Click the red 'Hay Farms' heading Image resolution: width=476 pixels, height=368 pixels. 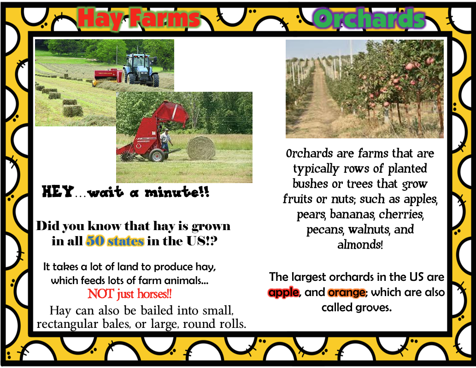pyautogui.click(x=139, y=18)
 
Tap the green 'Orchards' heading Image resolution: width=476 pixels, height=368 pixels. pyautogui.click(x=369, y=18)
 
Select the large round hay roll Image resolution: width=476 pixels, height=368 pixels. pyautogui.click(x=201, y=148)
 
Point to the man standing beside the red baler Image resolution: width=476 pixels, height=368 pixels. pyautogui.click(x=165, y=140)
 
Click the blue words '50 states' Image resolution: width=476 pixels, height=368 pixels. pyautogui.click(x=115, y=241)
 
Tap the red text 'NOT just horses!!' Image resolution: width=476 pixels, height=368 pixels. pyautogui.click(x=129, y=294)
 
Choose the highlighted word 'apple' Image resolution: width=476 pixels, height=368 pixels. pyautogui.click(x=284, y=292)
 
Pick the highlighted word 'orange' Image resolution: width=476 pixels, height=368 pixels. pyautogui.click(x=347, y=292)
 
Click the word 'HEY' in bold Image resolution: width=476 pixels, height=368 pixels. pyautogui.click(x=58, y=192)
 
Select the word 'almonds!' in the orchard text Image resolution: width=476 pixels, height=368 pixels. pyautogui.click(x=360, y=244)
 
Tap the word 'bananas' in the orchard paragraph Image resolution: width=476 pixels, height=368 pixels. pyautogui.click(x=353, y=214)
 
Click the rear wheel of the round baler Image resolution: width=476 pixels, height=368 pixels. pyautogui.click(x=157, y=155)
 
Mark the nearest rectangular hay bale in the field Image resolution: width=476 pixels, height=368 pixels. pyautogui.click(x=73, y=111)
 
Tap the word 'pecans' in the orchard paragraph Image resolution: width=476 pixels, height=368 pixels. pyautogui.click(x=325, y=230)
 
